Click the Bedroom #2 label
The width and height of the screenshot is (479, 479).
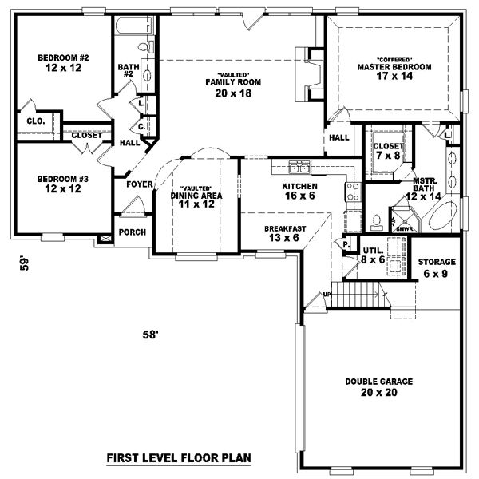pos(61,57)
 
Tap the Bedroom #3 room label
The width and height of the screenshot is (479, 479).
pos(61,179)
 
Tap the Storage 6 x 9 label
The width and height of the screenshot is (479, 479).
pos(437,262)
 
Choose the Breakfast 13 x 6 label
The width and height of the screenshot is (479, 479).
pos(285,228)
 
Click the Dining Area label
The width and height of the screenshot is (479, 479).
pos(196,195)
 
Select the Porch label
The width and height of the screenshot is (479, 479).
pos(132,232)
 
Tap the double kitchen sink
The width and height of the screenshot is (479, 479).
pos(300,168)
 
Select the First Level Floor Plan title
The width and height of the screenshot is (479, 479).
pos(179,458)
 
